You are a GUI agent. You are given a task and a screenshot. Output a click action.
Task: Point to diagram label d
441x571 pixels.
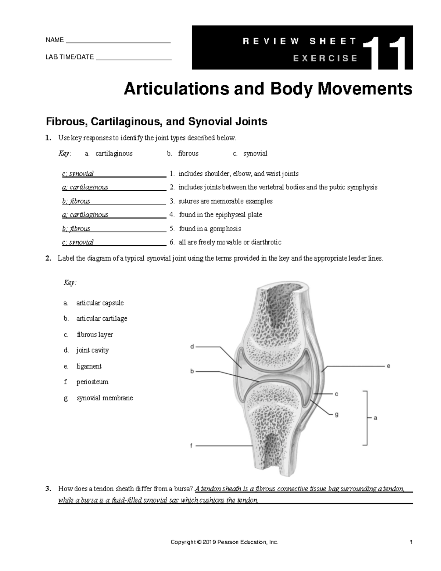[192, 346]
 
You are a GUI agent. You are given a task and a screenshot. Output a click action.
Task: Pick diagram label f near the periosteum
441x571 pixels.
[191, 446]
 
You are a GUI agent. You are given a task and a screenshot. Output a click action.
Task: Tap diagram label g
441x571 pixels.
[336, 414]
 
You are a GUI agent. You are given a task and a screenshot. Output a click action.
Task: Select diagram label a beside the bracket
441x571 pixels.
[375, 418]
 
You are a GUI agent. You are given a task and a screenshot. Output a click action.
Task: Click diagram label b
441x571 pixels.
[192, 371]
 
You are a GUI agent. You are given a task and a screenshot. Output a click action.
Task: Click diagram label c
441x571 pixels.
[336, 394]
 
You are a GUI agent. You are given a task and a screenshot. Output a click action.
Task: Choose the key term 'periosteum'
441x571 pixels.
[92, 382]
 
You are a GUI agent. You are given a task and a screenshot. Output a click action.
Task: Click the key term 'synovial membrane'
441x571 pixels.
[105, 398]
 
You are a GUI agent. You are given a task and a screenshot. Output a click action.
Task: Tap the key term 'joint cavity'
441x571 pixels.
[93, 350]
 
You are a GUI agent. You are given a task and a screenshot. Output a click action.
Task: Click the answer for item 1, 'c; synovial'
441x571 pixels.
[78, 174]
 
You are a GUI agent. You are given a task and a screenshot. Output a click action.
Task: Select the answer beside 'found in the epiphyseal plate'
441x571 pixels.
[85, 215]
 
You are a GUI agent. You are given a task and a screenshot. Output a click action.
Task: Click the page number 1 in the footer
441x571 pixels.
[412, 542]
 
